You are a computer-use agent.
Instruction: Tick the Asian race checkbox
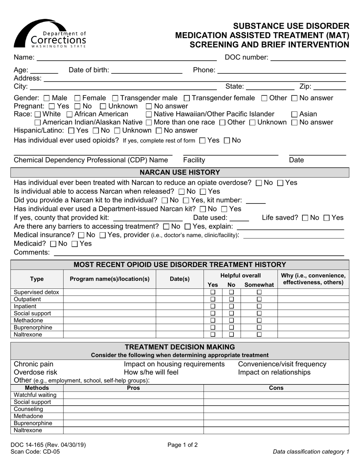294,114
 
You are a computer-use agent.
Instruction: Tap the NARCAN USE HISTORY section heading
180,173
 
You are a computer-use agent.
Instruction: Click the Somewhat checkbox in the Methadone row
259,321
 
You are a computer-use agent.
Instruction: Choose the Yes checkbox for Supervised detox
213,292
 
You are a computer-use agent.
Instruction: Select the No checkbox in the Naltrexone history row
232,335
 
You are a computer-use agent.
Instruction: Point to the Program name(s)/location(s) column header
110,279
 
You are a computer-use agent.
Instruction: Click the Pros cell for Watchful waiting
133,395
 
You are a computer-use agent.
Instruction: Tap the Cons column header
276,388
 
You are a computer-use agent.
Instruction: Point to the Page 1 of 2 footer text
183,445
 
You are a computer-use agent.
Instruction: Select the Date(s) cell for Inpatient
180,306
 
